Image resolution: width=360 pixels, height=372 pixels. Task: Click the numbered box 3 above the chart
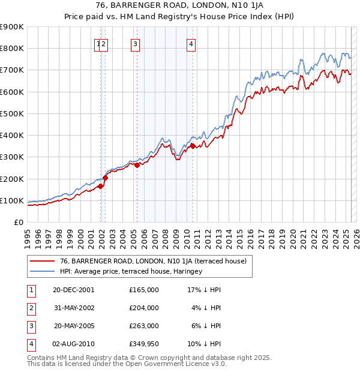pyautogui.click(x=135, y=43)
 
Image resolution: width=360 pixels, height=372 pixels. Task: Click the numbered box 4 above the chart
pyautogui.click(x=190, y=43)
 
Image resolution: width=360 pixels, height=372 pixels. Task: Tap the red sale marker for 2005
pyautogui.click(x=137, y=165)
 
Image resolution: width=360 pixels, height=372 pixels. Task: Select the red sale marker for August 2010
pyautogui.click(x=193, y=146)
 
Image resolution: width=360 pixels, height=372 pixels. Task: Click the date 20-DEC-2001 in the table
pyautogui.click(x=74, y=290)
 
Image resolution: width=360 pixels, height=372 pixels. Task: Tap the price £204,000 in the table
pyautogui.click(x=143, y=308)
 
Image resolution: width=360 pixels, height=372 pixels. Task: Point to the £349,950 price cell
pyautogui.click(x=143, y=344)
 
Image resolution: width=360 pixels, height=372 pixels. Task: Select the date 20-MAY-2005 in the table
pyautogui.click(x=74, y=326)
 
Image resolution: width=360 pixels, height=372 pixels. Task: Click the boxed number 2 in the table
pyautogui.click(x=31, y=308)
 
